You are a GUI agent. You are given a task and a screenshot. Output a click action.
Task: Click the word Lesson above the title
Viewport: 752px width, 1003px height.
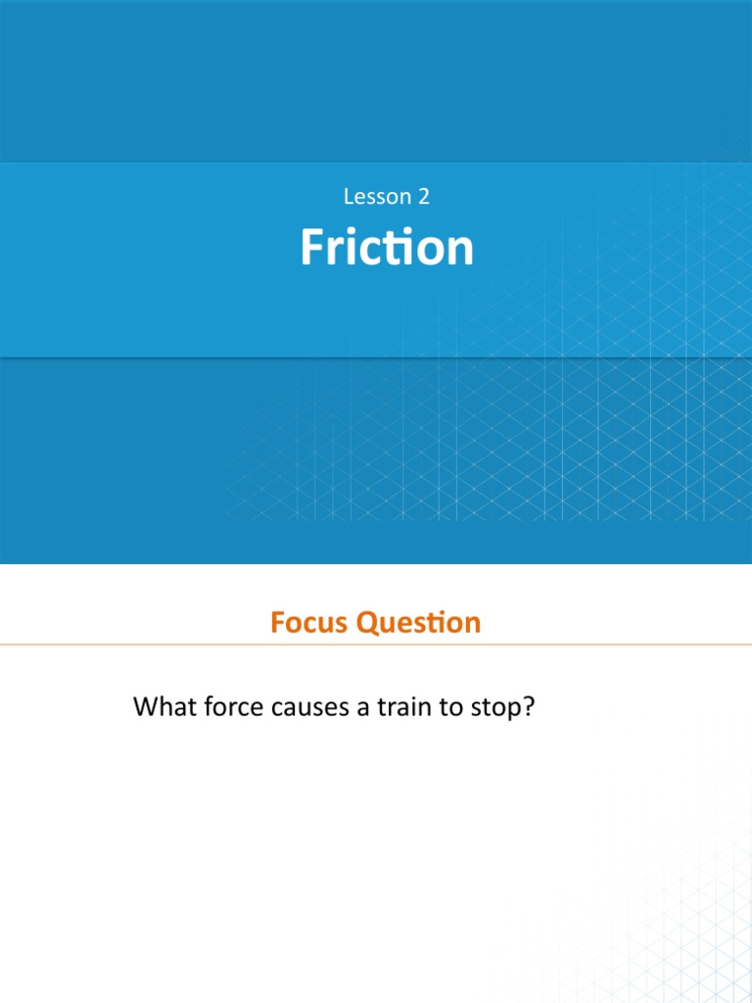point(378,197)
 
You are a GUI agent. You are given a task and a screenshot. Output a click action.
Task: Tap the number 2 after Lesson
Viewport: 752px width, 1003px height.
point(423,197)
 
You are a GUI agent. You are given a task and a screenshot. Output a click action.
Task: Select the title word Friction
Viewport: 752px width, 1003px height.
point(387,248)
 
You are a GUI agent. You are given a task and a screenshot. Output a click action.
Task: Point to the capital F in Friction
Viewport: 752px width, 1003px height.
point(310,248)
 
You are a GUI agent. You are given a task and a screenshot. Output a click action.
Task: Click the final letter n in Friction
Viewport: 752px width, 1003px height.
point(460,251)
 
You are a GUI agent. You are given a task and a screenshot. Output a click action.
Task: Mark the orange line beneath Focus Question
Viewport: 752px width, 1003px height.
point(376,645)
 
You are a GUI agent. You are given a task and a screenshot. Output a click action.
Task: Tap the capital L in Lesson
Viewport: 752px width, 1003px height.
point(349,197)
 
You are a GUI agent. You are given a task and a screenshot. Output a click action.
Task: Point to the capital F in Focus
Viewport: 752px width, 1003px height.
point(278,623)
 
